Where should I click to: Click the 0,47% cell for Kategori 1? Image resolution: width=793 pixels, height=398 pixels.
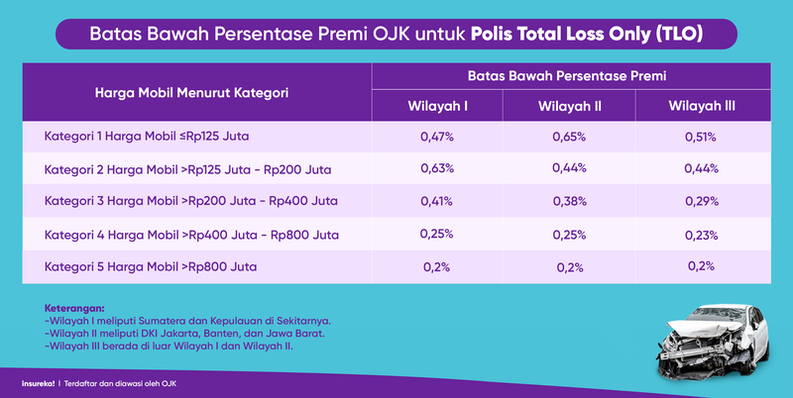coord(437,137)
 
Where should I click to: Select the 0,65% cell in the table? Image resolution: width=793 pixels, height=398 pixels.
coord(569,137)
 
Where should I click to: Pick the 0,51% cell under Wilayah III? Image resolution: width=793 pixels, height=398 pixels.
coord(701,137)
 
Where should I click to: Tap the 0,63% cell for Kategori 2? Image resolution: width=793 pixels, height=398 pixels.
coord(437,168)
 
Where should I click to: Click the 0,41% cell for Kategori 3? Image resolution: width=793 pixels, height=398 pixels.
coord(437,201)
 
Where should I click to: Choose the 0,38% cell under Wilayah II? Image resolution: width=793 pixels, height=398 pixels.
coord(569,201)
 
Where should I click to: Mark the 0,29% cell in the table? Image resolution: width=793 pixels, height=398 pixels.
coord(701,201)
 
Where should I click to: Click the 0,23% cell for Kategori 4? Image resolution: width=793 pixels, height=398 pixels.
coord(701,235)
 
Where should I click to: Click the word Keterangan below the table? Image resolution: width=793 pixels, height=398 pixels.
coord(74,308)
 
